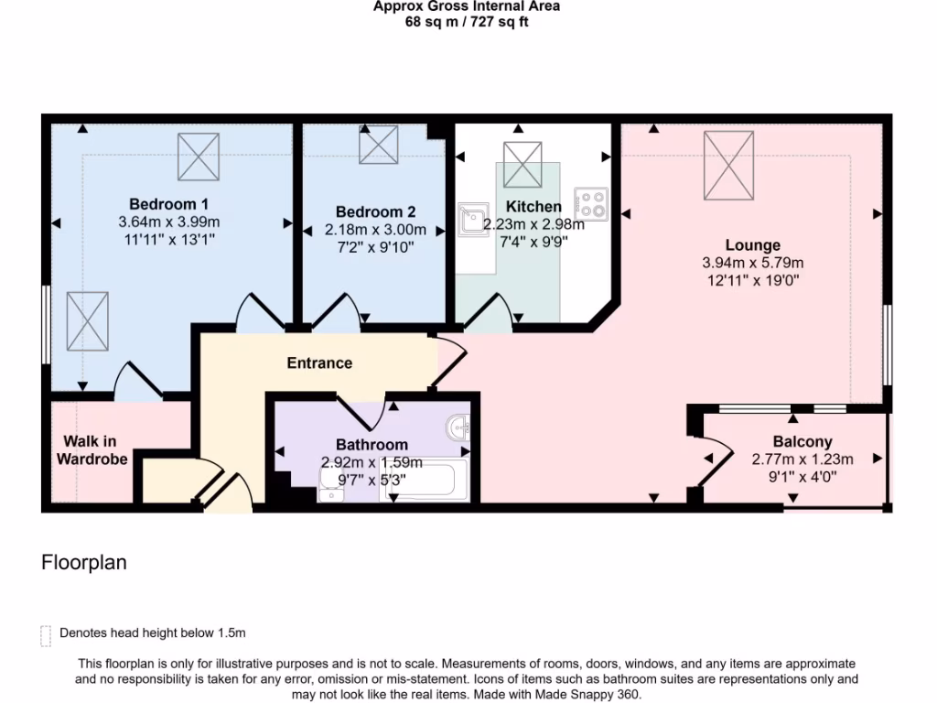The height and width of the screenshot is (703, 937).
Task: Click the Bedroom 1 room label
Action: (x=168, y=203)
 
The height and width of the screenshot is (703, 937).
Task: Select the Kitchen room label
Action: (x=533, y=206)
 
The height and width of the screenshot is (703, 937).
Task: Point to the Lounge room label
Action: (x=752, y=244)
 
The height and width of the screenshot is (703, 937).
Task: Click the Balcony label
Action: (x=802, y=441)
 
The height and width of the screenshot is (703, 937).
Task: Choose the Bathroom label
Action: (x=372, y=445)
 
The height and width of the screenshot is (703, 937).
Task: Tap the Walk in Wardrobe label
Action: (x=92, y=450)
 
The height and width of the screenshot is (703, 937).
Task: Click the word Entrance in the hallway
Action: (x=319, y=362)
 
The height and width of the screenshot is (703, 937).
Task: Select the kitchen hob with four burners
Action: (x=591, y=204)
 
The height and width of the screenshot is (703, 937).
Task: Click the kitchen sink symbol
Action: (x=473, y=219)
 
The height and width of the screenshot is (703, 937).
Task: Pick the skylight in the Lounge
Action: (x=728, y=165)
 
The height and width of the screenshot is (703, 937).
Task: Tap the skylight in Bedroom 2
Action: (x=378, y=145)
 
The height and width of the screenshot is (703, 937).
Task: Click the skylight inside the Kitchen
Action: (x=522, y=164)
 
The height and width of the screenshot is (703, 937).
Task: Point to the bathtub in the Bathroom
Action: (x=427, y=481)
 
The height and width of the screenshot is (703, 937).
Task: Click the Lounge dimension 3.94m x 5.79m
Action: (x=752, y=263)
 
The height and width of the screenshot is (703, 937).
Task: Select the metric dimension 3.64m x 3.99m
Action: (x=168, y=222)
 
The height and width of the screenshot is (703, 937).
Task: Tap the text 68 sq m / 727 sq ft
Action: (x=467, y=22)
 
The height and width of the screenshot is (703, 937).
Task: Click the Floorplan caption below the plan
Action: (x=84, y=563)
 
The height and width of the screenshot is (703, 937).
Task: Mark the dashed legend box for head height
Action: (x=46, y=635)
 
